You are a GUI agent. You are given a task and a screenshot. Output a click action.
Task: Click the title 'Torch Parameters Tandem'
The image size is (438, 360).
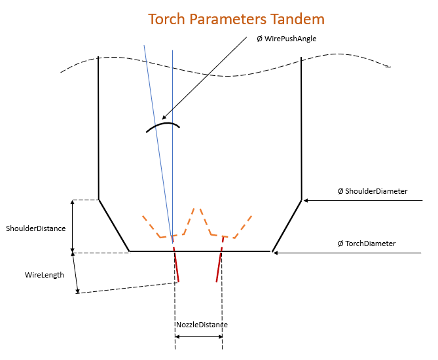(236, 18)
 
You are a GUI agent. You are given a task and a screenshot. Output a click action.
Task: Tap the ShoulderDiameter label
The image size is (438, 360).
(373, 191)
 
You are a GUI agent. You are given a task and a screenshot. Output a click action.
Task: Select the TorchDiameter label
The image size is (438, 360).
(367, 243)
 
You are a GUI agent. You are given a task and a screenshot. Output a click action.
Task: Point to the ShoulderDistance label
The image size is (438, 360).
(36, 228)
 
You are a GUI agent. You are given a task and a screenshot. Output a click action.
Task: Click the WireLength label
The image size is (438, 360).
(45, 275)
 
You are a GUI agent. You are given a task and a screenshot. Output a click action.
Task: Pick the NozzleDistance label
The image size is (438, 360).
(202, 325)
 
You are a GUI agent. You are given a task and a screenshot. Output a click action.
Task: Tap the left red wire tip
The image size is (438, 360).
(178, 281)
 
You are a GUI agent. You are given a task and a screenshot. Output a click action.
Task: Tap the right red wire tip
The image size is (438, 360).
(217, 281)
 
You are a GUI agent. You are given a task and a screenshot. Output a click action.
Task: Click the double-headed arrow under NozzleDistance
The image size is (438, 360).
(199, 337)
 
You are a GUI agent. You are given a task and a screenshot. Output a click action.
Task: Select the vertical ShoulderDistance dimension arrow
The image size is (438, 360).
(73, 226)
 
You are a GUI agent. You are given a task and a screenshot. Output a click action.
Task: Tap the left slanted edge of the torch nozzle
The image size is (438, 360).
(113, 225)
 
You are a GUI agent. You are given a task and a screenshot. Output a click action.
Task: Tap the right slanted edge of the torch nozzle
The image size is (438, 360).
(287, 225)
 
